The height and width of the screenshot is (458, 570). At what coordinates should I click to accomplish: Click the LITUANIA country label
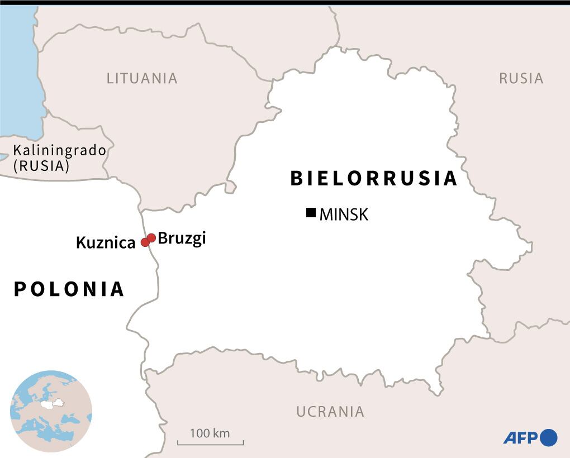142,78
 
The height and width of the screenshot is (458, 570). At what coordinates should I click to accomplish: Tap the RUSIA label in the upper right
521,78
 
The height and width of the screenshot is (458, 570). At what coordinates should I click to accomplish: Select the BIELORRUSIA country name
374,178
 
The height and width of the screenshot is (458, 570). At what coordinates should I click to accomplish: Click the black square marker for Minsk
311,213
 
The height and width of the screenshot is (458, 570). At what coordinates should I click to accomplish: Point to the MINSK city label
344,214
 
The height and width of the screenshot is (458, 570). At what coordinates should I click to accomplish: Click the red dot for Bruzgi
151,238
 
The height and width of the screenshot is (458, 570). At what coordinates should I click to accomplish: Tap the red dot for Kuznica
145,242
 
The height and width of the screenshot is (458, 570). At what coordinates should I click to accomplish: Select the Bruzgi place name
182,238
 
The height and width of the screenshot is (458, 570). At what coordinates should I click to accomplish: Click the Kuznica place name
106,243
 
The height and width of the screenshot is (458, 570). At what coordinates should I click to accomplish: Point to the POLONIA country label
69,289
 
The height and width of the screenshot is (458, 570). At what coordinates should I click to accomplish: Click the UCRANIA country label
330,412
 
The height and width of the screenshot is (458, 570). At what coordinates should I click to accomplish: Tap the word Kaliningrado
60,150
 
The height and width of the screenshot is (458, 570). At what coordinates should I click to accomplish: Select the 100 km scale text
210,433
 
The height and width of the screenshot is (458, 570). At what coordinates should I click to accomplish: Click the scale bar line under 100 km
211,445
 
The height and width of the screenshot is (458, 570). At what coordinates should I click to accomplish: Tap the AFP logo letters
520,437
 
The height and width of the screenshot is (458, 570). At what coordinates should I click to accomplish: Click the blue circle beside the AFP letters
549,437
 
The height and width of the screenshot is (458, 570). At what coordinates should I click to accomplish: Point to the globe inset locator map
51,411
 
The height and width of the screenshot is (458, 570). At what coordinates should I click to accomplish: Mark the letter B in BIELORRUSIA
296,178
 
